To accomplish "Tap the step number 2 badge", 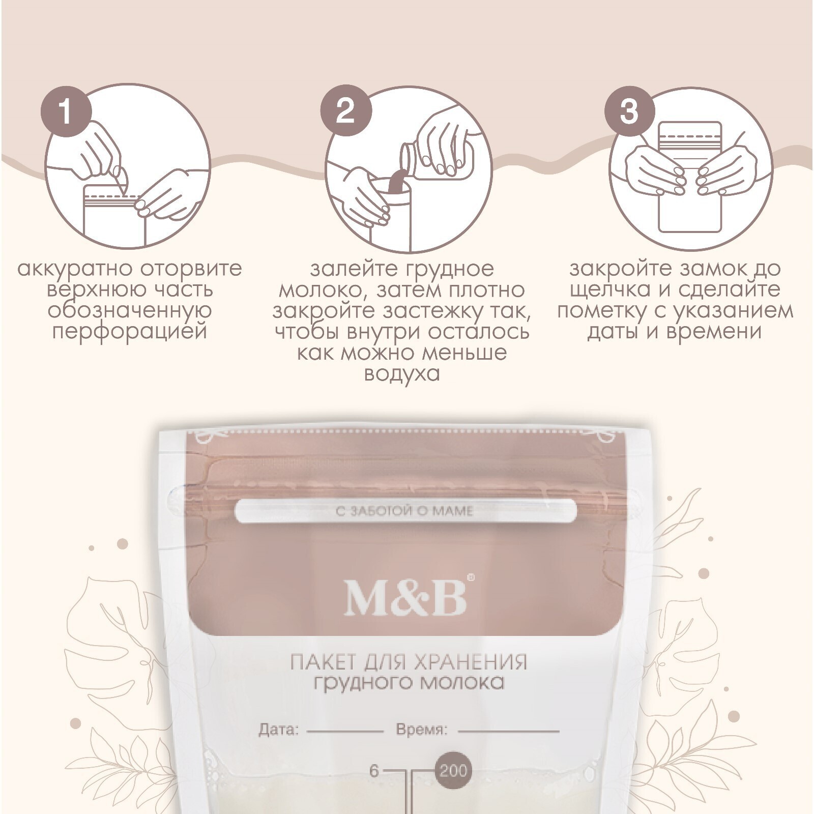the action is [345, 111].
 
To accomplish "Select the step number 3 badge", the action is [629, 111].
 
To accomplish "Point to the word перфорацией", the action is [130, 332].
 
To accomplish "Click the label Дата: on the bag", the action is [279, 730].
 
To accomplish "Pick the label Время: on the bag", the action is [421, 730].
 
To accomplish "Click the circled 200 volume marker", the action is [453, 771].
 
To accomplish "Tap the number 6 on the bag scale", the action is [374, 771].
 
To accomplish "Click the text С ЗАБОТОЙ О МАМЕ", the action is [405, 510].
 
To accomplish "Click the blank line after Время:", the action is [508, 732].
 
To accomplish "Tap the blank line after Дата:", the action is [345, 732].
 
